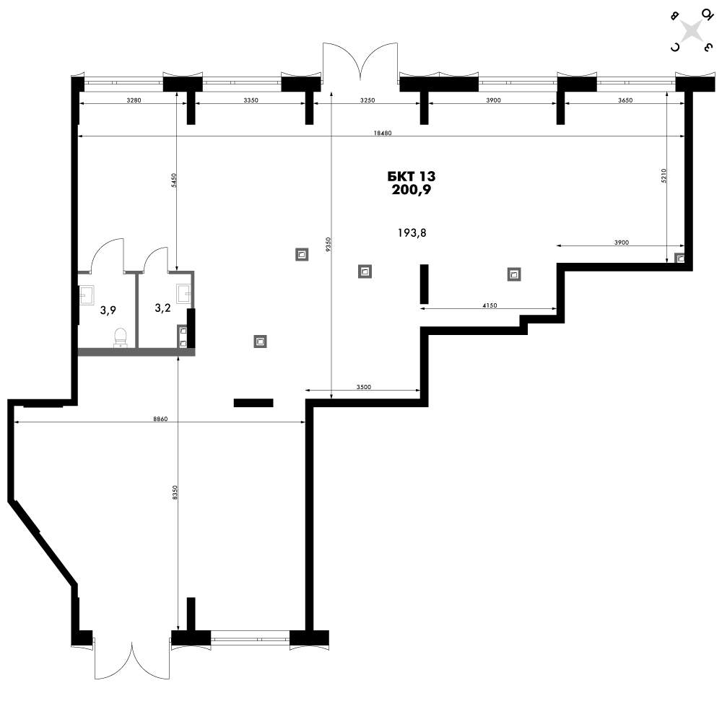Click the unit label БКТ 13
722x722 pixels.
point(412,176)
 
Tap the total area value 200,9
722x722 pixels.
point(412,190)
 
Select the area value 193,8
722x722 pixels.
point(412,233)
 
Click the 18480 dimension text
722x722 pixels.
point(383,133)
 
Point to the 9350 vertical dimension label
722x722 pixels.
point(328,245)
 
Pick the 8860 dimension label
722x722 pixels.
point(160,419)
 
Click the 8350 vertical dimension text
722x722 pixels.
point(174,492)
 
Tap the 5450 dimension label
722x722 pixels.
point(173,180)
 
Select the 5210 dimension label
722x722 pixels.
point(664,176)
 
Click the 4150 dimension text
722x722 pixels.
point(490,305)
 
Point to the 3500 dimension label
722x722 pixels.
point(364,387)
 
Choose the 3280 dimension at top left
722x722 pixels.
point(134,100)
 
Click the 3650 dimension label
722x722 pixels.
point(625,100)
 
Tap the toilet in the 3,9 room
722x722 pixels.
point(120,336)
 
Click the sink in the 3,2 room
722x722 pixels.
point(184,292)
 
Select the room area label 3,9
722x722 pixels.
point(108,310)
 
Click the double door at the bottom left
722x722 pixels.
point(132,658)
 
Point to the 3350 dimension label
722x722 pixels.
point(251,100)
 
